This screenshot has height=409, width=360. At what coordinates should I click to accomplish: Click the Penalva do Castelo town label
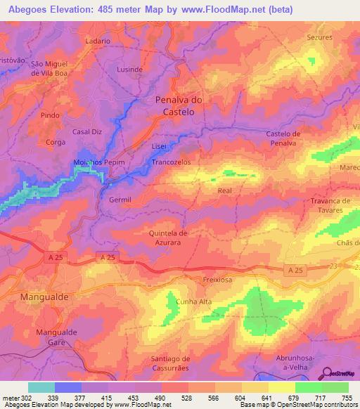click(x=178, y=106)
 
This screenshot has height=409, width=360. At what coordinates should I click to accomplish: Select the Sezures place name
click(x=319, y=37)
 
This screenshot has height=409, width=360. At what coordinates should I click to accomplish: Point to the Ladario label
click(x=98, y=41)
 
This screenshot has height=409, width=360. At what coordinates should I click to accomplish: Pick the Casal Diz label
click(x=88, y=131)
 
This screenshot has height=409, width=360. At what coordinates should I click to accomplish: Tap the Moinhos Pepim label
click(x=99, y=162)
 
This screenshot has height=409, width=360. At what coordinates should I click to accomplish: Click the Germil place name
click(x=120, y=200)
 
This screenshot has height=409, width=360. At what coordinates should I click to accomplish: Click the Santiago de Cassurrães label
click(x=175, y=364)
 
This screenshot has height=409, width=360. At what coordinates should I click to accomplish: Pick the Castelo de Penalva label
click(x=284, y=138)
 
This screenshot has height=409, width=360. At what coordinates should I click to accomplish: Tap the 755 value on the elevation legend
click(x=345, y=398)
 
